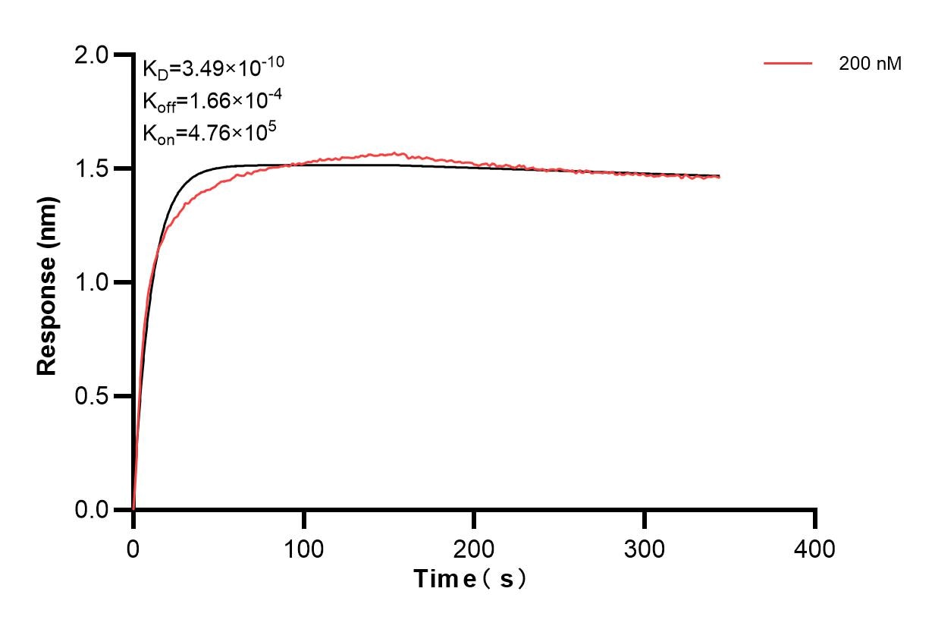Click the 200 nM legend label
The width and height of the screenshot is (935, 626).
(x=870, y=64)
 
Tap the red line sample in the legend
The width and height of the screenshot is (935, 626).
(x=788, y=64)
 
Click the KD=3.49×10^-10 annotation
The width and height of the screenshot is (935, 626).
(x=213, y=68)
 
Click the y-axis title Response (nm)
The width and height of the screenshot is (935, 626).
(x=47, y=282)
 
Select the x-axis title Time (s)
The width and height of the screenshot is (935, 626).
(x=470, y=579)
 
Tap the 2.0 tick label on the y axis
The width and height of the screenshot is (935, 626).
(x=93, y=55)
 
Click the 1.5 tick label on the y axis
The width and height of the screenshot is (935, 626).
(x=93, y=168)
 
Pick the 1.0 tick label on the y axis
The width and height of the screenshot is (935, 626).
(x=93, y=282)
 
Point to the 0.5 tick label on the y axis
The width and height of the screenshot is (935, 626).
(x=93, y=396)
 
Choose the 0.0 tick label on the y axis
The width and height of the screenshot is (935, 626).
(x=93, y=510)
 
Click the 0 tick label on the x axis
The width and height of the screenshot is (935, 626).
(x=133, y=548)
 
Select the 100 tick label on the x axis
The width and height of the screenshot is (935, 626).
(x=303, y=548)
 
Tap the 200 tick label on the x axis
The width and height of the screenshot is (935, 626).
(x=474, y=548)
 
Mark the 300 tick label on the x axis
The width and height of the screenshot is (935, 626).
(x=645, y=548)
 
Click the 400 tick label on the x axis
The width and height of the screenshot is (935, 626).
(x=815, y=548)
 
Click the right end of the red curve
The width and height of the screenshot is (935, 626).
(x=719, y=177)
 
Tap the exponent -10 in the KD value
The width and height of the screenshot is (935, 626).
(x=273, y=62)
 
